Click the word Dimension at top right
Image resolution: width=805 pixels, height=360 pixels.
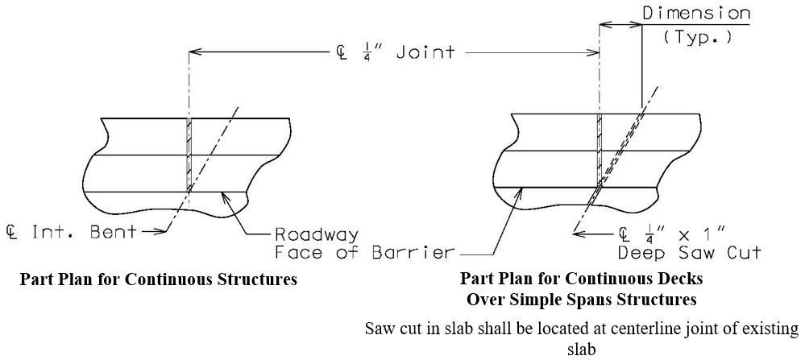[x=696, y=13]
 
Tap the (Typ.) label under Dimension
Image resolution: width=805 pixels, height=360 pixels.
[x=697, y=38]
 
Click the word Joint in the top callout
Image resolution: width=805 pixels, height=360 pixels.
[x=425, y=52]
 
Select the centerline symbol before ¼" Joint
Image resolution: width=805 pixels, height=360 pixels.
[x=339, y=52]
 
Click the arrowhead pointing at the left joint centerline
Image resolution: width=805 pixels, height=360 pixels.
[x=195, y=52]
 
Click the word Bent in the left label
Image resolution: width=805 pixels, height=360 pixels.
[x=114, y=232]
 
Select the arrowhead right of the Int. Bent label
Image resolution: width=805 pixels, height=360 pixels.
[x=160, y=232]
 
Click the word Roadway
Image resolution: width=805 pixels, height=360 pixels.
[x=317, y=235]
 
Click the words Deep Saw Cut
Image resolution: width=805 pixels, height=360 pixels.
[x=689, y=253]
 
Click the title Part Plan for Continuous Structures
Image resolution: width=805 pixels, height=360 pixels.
[x=158, y=279]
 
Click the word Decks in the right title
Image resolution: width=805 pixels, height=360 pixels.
[x=681, y=279]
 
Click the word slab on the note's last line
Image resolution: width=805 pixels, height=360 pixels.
[x=582, y=350]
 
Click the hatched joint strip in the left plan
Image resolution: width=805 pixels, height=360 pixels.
[x=189, y=155]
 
